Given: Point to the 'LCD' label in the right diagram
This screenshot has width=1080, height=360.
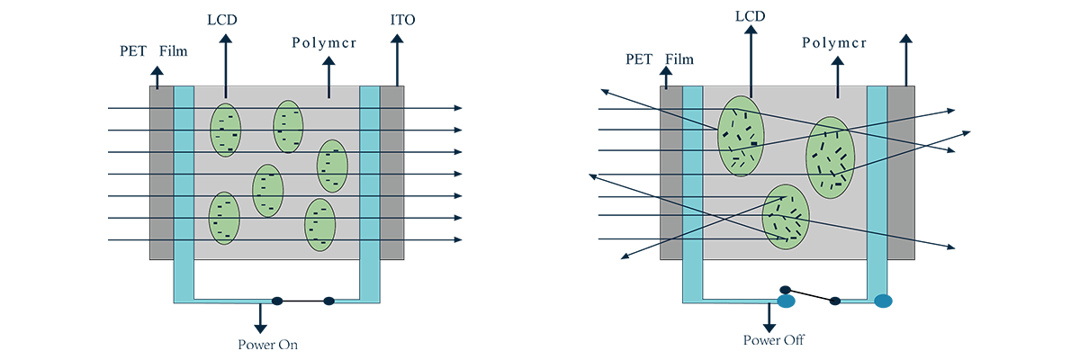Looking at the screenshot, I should (x=750, y=15).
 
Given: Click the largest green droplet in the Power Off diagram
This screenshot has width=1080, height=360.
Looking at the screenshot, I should (x=741, y=136).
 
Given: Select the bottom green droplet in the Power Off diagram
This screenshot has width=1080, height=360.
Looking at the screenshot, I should (x=786, y=217).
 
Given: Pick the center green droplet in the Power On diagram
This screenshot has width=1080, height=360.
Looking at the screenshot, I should (x=267, y=191).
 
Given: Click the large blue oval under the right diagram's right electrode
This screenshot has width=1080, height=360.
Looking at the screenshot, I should (x=883, y=301).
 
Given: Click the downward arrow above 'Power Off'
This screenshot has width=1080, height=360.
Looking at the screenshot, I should (x=770, y=317).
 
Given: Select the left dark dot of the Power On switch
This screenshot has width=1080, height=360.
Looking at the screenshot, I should (x=277, y=301).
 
